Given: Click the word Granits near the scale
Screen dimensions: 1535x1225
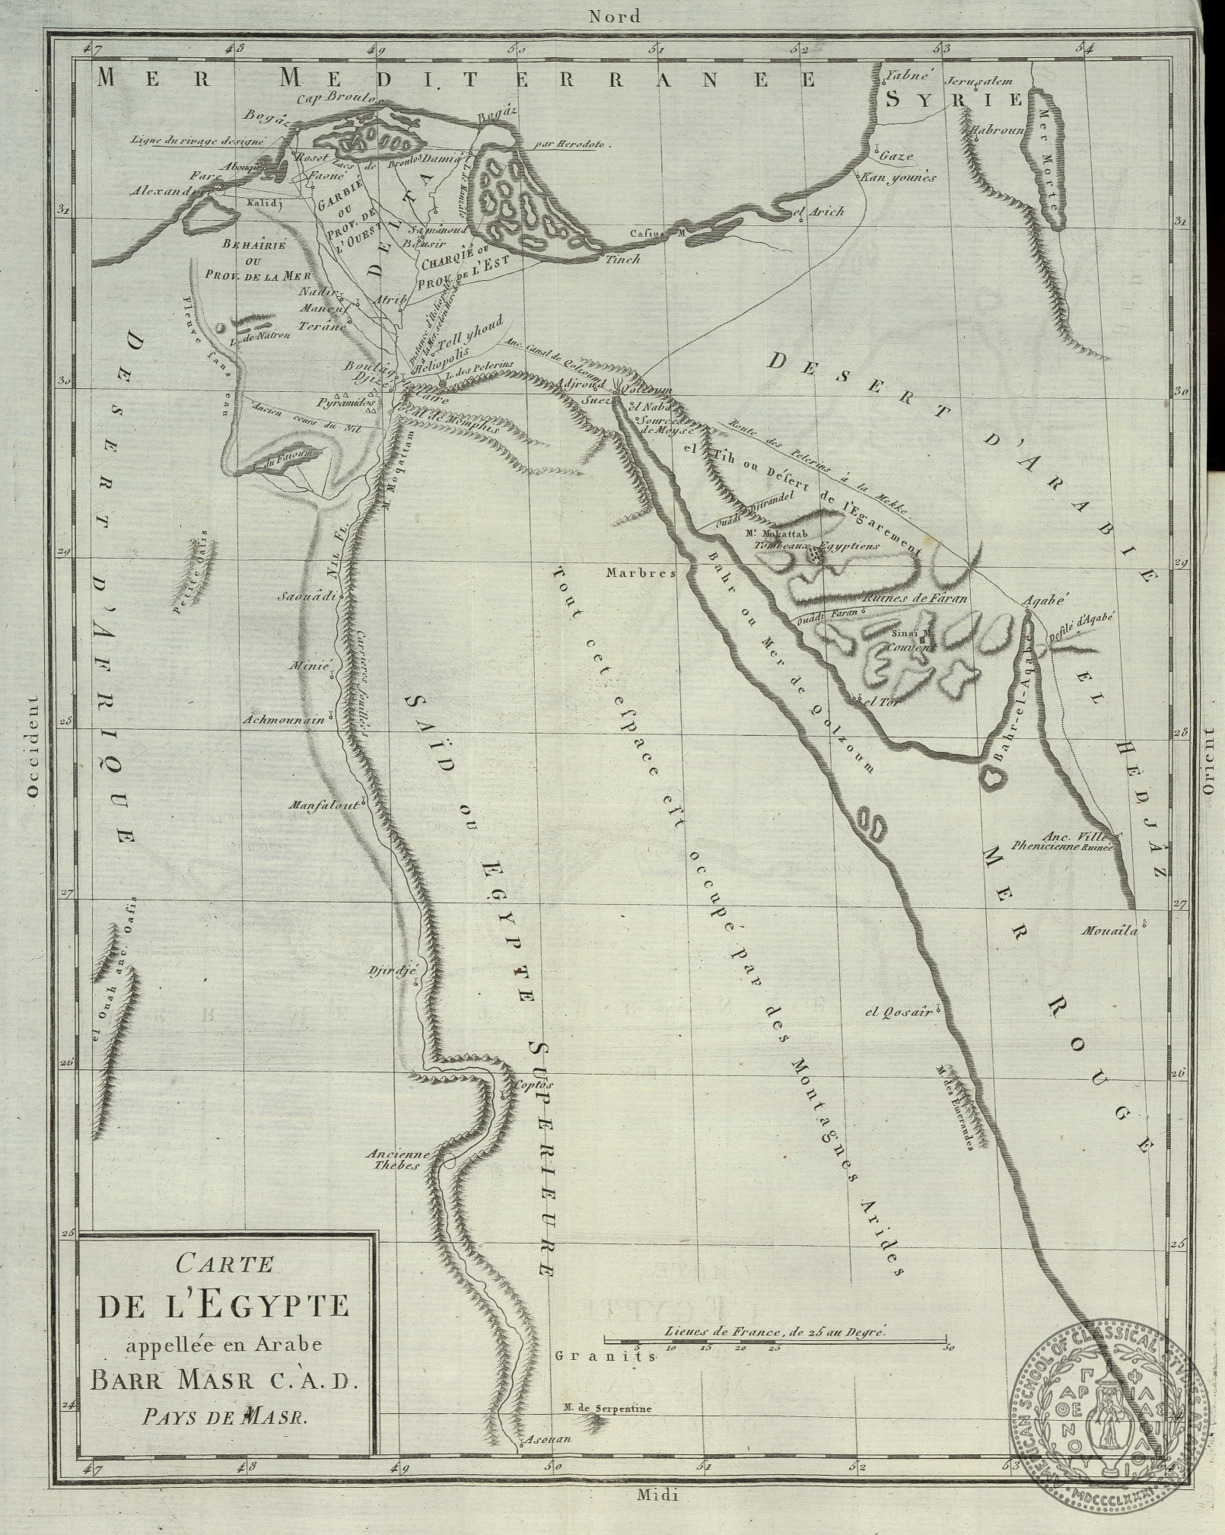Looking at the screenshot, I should [x=593, y=1355].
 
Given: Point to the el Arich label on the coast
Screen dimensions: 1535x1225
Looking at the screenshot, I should [x=819, y=212].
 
